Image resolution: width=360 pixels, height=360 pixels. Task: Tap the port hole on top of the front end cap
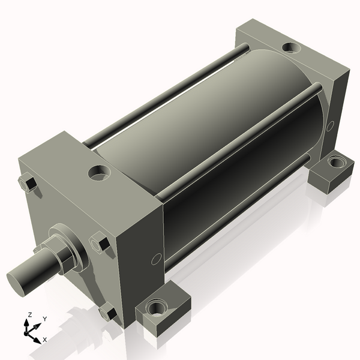pos(99,173)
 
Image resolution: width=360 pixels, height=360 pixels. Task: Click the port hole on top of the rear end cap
pos(292,47)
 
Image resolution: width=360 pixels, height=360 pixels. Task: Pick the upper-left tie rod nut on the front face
pos(27,183)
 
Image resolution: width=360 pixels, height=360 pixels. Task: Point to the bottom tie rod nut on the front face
pos(108,313)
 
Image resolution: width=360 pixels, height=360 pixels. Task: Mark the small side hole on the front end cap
pos(156,259)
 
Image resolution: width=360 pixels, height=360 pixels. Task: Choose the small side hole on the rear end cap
pos(329,126)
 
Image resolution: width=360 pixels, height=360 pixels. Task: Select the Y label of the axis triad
pos(44,319)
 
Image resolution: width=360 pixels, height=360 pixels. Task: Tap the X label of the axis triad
pos(45,340)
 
